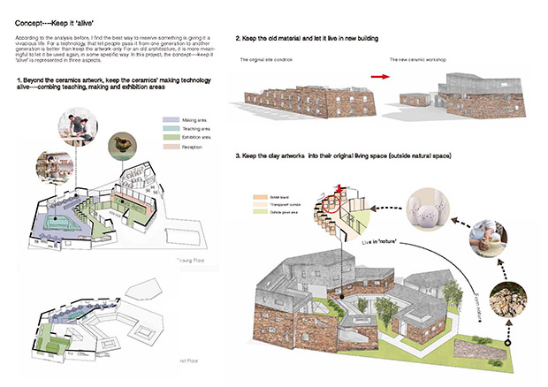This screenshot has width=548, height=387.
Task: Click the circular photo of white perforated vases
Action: pyautogui.click(x=416, y=209)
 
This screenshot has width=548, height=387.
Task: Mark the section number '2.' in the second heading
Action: pyautogui.click(x=239, y=40)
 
